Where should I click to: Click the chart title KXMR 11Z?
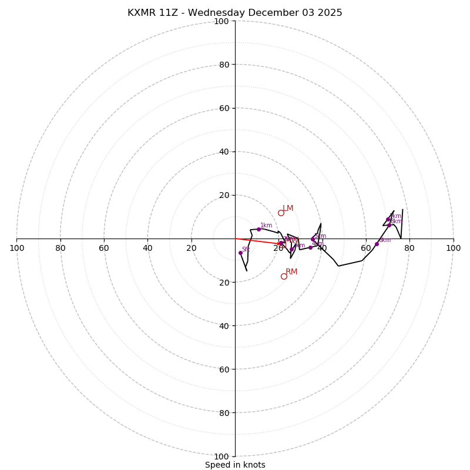coord(235,13)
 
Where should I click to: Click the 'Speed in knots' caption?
coord(235,465)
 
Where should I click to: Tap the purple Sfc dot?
coord(240,253)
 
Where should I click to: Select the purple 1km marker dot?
coord(258,229)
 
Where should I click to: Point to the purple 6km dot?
coord(377,244)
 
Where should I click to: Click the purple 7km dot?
coord(388,220)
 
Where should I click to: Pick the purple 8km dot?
coord(389,225)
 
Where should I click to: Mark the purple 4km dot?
coord(311,247)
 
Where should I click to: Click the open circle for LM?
coord(281,213)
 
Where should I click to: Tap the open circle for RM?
coord(284,276)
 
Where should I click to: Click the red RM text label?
coord(291,271)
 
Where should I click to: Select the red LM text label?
coord(288,208)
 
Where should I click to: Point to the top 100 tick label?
coord(221,21)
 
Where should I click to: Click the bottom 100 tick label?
coord(221,456)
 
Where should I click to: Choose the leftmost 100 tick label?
coord(16,248)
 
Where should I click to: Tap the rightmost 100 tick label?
coord(453,248)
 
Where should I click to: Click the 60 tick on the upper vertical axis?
coord(224,108)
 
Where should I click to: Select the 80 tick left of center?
coord(61,248)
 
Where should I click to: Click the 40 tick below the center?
coord(224,325)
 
